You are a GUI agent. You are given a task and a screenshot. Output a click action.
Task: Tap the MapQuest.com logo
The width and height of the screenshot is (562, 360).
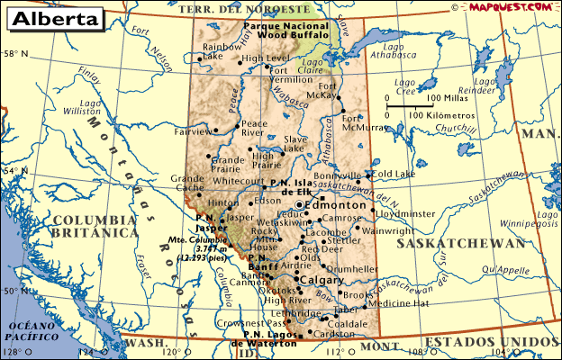coord(512,6)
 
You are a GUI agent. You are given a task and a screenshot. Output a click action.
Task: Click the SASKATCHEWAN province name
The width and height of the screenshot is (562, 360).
coord(462,244)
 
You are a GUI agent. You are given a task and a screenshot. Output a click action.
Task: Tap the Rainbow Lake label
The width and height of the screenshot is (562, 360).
coord(222,51)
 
